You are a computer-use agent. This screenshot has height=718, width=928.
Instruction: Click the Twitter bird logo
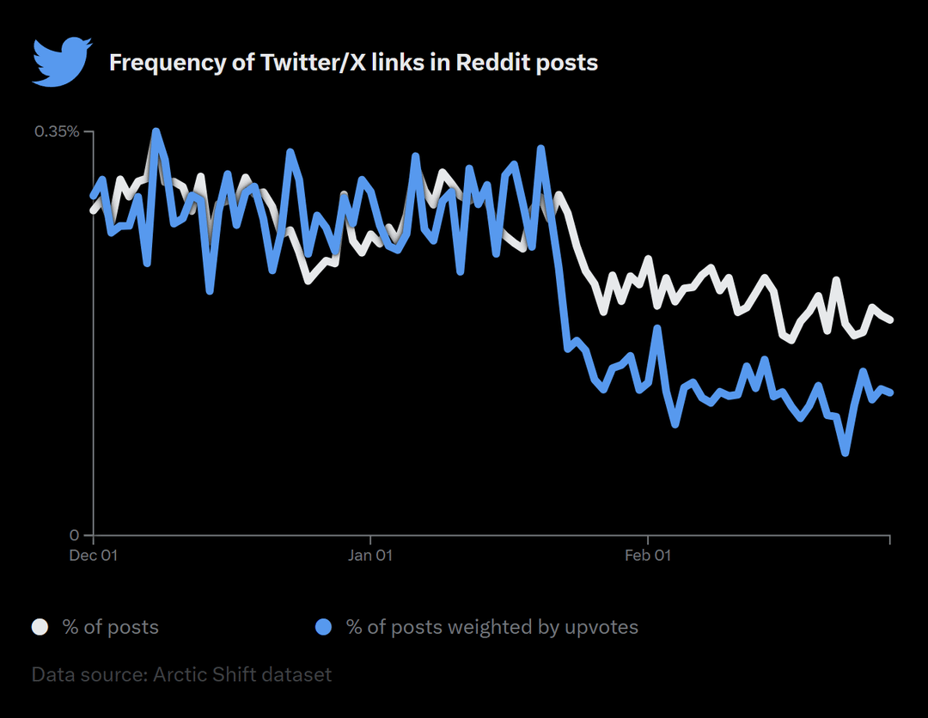61,61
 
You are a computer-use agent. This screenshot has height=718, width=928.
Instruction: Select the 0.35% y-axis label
57,131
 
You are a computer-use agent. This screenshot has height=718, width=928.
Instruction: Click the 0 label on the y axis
75,534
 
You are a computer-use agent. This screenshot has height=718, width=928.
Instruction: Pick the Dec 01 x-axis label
93,556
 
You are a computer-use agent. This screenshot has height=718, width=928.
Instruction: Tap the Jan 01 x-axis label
370,556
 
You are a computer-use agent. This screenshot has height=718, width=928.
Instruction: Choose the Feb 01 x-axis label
648,556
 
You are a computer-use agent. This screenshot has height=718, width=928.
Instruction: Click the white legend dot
40,627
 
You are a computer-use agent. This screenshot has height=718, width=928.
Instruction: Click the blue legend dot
323,627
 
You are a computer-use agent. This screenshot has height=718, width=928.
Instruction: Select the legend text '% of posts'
110,627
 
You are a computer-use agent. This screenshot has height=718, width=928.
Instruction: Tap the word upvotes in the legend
601,627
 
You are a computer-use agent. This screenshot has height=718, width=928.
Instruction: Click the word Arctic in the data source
181,674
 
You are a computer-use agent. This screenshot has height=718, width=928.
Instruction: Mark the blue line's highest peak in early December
156,132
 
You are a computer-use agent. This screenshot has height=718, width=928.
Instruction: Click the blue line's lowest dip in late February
846,453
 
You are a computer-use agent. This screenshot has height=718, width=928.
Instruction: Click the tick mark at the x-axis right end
889,539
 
